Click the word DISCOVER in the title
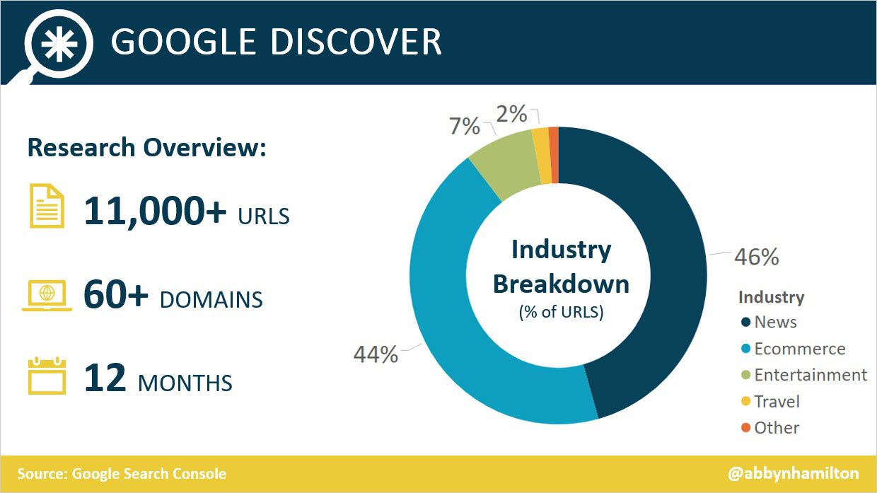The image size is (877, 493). [x=356, y=42]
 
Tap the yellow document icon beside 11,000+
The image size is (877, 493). [x=47, y=206]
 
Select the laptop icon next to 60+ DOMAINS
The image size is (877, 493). [x=47, y=296]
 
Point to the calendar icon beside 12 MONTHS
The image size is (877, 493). [x=47, y=376]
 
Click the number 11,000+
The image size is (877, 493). [x=155, y=211]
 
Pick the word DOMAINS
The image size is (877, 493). [x=211, y=300]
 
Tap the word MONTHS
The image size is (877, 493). [x=185, y=383]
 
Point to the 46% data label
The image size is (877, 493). [x=757, y=257]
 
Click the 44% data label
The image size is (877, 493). [x=376, y=355]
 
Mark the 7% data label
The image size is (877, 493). [x=465, y=126]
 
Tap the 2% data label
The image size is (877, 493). [x=512, y=114]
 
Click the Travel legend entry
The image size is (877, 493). [x=770, y=402]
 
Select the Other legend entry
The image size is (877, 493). [x=770, y=428]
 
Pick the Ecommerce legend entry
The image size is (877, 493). [x=794, y=349]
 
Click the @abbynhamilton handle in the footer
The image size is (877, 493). [x=794, y=474]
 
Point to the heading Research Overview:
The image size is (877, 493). [x=147, y=148]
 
